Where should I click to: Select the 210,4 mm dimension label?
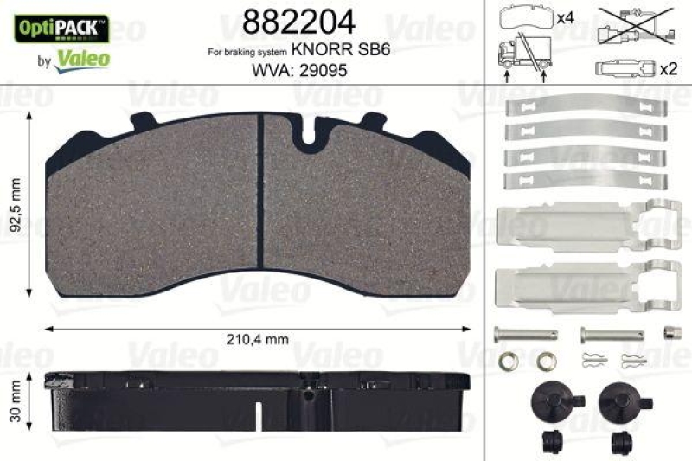[258, 340]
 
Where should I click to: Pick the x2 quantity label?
[666, 69]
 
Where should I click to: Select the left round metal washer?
[510, 359]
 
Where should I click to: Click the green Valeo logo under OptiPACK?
[82, 58]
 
